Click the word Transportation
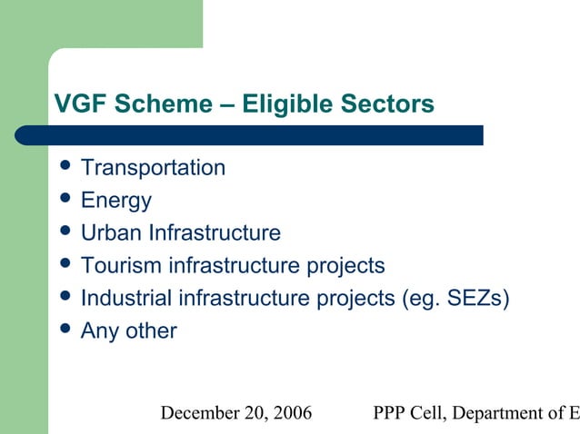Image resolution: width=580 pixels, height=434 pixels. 153,168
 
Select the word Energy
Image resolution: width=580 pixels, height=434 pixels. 115,200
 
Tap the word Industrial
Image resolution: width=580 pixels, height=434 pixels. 125,298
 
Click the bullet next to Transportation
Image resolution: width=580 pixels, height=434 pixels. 64,167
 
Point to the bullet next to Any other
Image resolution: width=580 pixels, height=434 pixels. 64,330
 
